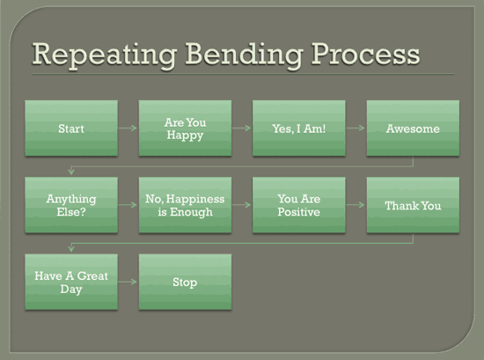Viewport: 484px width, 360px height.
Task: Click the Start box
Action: click(71, 129)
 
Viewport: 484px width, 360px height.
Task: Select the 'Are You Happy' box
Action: click(185, 129)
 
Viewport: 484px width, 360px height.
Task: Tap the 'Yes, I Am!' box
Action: click(298, 129)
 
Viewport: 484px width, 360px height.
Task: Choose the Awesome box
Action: click(413, 129)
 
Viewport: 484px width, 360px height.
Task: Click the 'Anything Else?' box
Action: click(71, 205)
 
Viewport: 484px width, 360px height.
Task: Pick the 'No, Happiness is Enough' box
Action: click(185, 205)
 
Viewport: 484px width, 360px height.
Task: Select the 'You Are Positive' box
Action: click(298, 205)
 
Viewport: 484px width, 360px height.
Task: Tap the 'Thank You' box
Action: click(413, 205)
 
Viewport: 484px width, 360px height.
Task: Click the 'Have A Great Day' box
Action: click(71, 282)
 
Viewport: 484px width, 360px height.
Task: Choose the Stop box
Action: click(185, 282)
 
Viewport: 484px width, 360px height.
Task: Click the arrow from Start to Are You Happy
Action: click(128, 129)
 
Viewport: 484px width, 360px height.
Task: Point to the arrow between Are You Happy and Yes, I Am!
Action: click(242, 129)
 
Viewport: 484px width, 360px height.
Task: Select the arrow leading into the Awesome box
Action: click(356, 129)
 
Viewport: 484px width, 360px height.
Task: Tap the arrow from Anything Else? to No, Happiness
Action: click(128, 205)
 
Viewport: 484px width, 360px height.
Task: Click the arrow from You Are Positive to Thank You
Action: click(356, 205)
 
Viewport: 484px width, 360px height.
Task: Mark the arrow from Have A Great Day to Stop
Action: click(128, 282)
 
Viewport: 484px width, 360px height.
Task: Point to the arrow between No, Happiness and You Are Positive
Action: click(242, 205)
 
